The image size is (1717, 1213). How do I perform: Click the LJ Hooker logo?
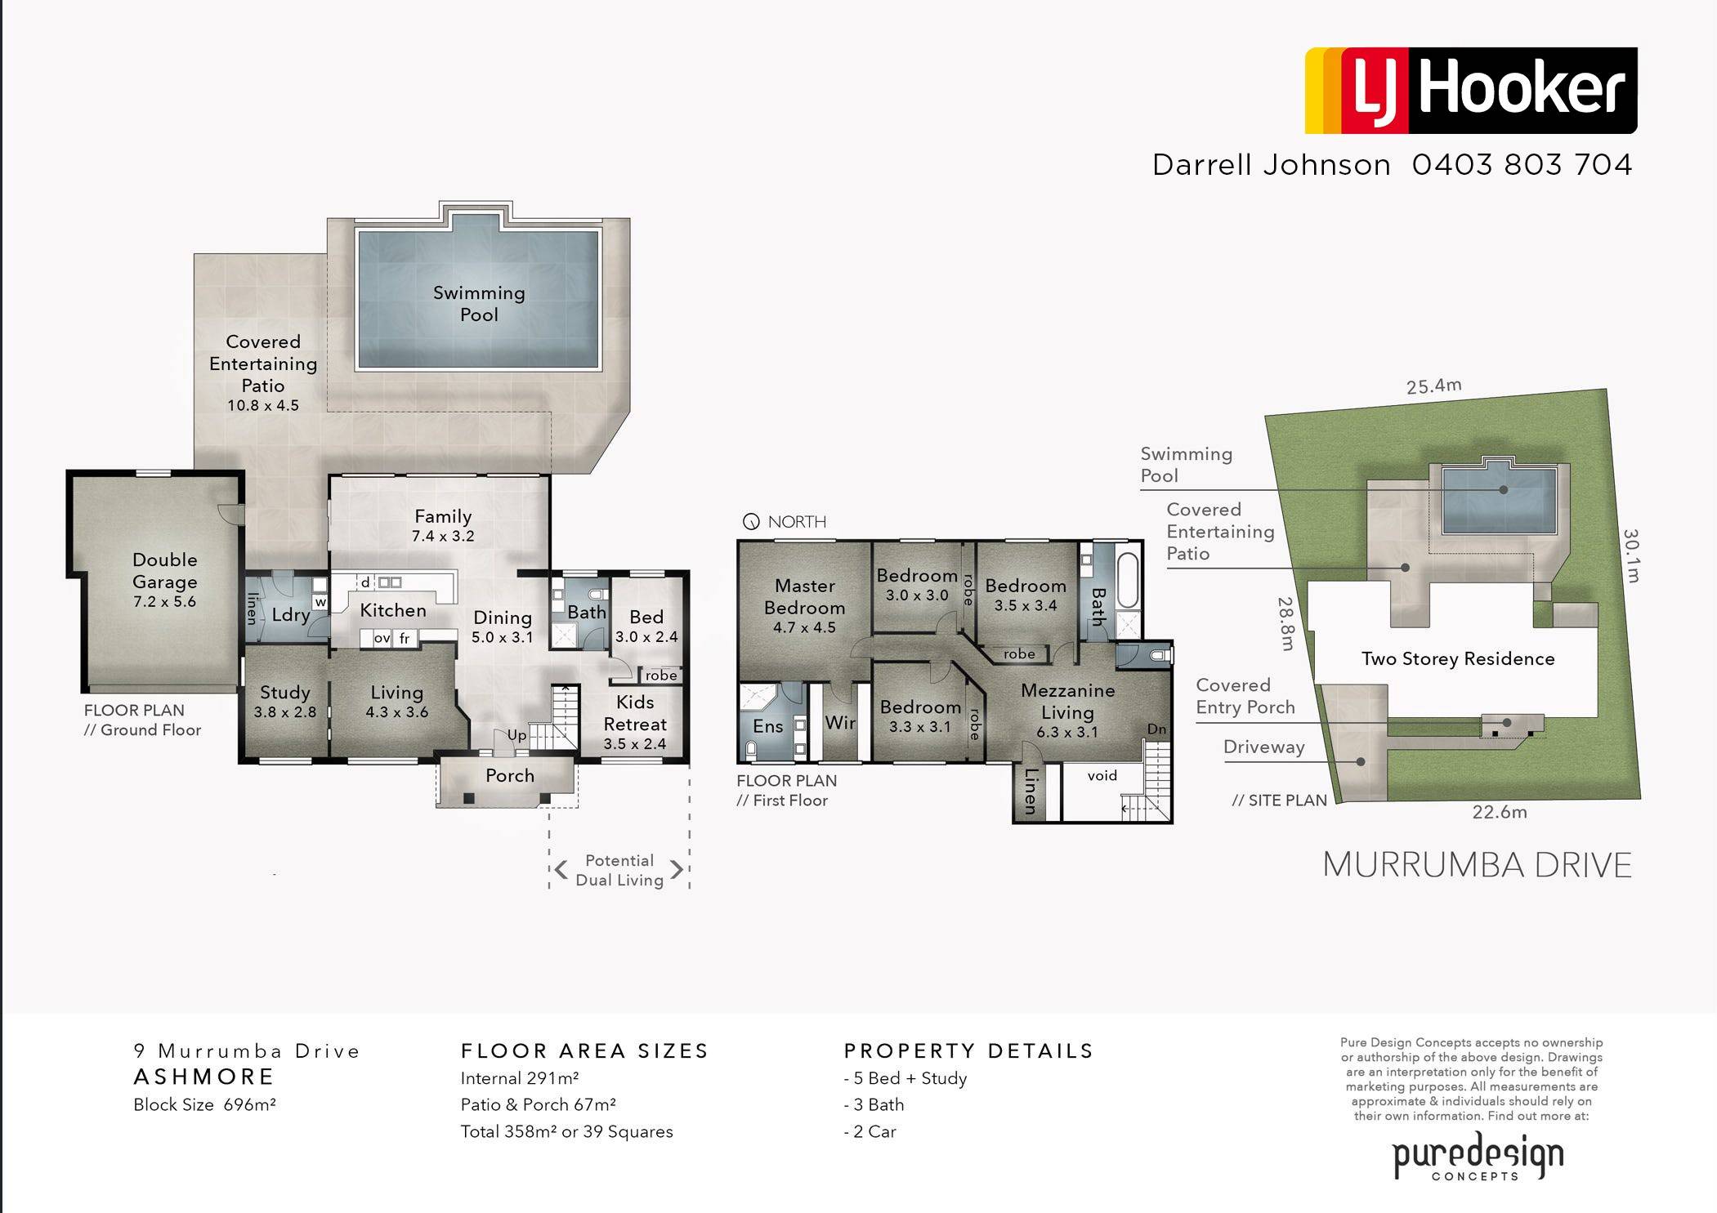coord(1470,90)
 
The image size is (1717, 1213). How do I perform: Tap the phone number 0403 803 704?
coord(1522,165)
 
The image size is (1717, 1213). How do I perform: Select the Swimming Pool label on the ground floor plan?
coord(479,304)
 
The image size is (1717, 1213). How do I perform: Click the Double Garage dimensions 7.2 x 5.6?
coord(165,602)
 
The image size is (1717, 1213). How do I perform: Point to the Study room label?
coord(285,693)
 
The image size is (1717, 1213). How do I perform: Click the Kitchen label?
coord(393,610)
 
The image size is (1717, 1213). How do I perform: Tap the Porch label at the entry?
coord(510,775)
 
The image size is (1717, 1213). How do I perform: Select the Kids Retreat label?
coord(635,713)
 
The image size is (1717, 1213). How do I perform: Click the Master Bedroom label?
coord(805,597)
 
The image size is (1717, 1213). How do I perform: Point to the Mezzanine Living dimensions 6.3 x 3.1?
coord(1067,733)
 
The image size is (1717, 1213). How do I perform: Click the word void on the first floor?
coord(1102,775)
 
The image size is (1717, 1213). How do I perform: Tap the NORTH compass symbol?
coord(751,522)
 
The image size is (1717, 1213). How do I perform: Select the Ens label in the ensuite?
coord(768,726)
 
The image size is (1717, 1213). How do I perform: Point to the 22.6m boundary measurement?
coord(1500,812)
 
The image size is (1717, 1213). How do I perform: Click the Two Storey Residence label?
coord(1458,659)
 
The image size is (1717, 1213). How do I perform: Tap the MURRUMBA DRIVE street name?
coord(1477,865)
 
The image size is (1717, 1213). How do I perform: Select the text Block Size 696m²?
coord(204,1105)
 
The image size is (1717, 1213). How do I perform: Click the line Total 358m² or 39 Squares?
coord(566,1132)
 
